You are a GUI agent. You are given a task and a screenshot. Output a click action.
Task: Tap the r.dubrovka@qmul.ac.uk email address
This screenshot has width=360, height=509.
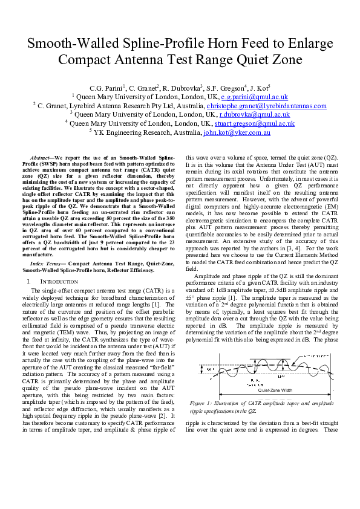254,114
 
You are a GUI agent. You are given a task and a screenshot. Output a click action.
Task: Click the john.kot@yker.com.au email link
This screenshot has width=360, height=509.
237,132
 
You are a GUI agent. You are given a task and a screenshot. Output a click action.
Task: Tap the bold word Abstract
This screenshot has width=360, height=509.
42,157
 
